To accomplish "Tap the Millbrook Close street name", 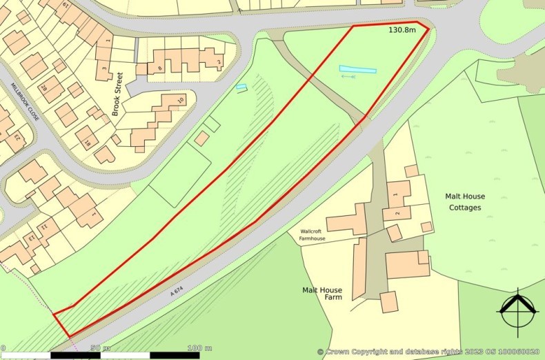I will (x=24, y=103).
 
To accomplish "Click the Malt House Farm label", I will (x=322, y=294).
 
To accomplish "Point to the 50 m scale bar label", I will (x=97, y=348).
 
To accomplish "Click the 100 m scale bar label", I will (x=199, y=348).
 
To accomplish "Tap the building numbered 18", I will (x=88, y=143).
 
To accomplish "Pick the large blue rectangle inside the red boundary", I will (x=357, y=70).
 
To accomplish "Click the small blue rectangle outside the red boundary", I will (x=241, y=87).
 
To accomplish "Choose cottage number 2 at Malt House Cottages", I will (x=397, y=214).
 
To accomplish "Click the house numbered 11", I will (x=43, y=226).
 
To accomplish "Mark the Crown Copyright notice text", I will (x=428, y=352).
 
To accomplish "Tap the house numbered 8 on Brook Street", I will (x=160, y=68).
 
